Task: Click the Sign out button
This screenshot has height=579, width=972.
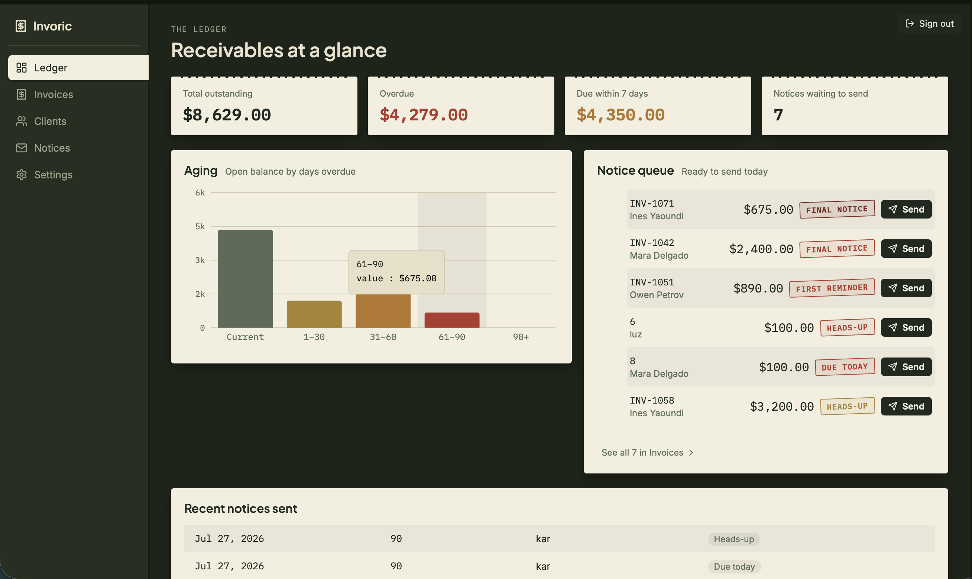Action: point(930,23)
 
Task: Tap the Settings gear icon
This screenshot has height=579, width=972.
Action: point(22,174)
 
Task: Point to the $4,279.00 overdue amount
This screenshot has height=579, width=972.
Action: point(424,115)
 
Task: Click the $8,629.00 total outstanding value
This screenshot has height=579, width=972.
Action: point(227,115)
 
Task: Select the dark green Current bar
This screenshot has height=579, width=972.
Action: point(245,279)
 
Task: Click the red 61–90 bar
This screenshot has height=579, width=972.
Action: point(452,320)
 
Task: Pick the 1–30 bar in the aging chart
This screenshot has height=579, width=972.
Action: point(314,314)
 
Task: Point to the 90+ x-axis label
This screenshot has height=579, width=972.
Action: point(521,337)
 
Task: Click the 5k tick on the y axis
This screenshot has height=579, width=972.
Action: point(200,226)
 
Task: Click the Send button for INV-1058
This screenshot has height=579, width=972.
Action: point(906,406)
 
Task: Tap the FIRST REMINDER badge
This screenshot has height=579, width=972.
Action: point(832,288)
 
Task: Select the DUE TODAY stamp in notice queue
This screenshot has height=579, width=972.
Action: point(845,367)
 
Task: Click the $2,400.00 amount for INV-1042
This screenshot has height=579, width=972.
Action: point(761,249)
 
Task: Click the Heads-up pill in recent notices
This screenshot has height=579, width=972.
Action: point(734,539)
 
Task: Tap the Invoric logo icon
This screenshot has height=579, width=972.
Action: point(21,26)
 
